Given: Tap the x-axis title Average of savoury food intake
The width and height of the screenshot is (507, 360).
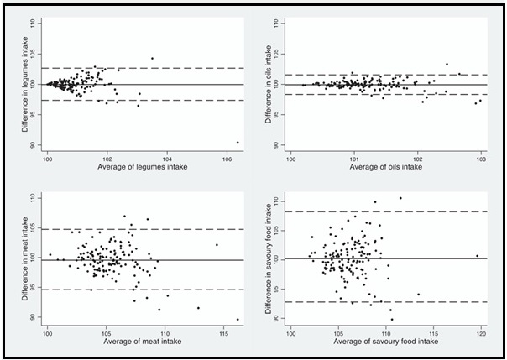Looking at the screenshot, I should (386, 343).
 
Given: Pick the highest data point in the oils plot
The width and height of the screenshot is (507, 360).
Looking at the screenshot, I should (447, 64).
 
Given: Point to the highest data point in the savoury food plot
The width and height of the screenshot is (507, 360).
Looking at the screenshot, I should (400, 198).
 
